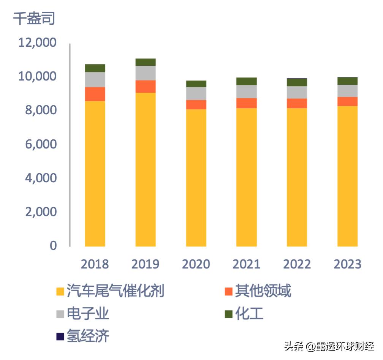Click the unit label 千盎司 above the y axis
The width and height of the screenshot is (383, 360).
[34, 18]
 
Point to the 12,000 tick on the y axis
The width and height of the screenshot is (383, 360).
[37, 43]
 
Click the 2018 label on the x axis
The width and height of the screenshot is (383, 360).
[95, 264]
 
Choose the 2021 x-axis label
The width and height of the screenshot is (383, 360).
[246, 264]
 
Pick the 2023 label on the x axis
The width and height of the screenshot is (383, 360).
[347, 264]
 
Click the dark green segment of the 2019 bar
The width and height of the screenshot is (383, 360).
[146, 62]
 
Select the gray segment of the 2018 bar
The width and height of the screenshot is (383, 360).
[95, 80]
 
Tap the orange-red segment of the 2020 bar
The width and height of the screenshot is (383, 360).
[196, 105]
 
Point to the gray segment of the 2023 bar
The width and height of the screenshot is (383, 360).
[347, 91]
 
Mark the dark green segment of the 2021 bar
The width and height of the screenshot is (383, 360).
[246, 81]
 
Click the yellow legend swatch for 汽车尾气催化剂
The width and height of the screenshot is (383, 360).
[60, 292]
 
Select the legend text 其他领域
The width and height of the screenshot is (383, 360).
[263, 291]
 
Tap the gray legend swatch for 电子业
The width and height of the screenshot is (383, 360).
[60, 314]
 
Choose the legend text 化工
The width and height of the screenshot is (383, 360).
[249, 314]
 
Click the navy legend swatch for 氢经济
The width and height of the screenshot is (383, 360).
[60, 336]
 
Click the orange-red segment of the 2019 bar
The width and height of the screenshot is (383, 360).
[146, 87]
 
